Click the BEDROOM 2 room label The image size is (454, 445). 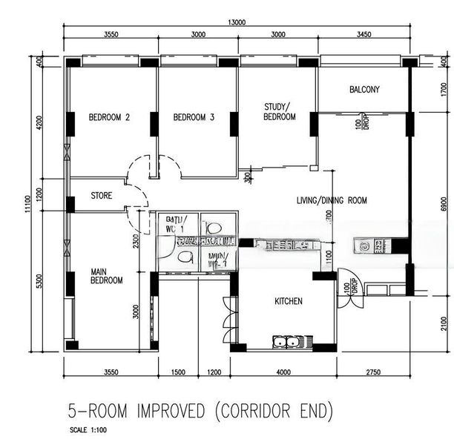(x=109, y=117)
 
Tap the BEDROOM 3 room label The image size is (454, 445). (x=194, y=117)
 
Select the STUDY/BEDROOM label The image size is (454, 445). (x=280, y=112)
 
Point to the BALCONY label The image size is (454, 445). (x=364, y=90)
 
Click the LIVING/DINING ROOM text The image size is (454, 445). (x=332, y=200)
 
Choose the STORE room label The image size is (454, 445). (x=102, y=197)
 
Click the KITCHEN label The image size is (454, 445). (x=289, y=301)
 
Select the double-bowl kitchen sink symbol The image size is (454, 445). (x=289, y=342)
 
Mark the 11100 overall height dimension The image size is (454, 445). (x=27, y=203)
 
